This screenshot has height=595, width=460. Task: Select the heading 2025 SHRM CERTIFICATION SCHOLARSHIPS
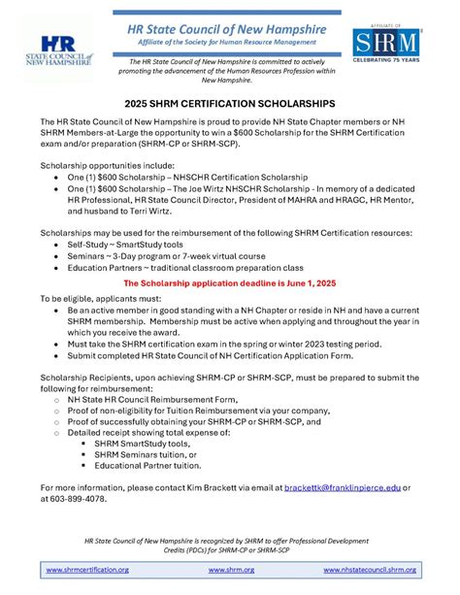(229, 101)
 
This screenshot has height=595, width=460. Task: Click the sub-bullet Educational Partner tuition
(147, 468)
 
